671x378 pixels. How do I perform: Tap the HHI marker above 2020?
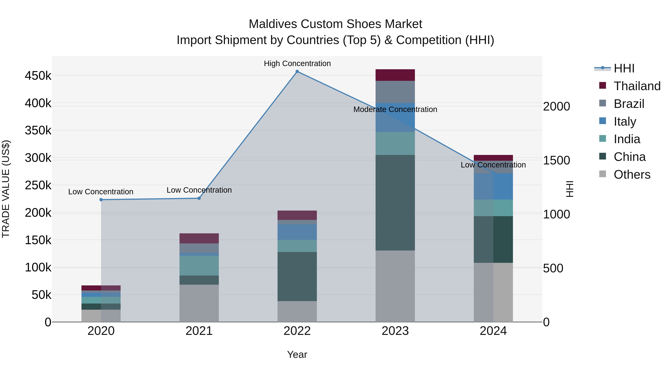point(101,200)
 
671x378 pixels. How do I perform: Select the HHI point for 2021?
point(199,198)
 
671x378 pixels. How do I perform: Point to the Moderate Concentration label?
point(395,109)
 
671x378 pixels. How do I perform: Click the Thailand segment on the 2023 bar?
point(395,75)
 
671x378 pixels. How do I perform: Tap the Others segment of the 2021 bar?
point(199,303)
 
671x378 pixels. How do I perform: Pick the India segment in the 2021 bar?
point(199,266)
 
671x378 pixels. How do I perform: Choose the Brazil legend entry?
point(629,104)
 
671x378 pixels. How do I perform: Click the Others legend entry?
point(632,175)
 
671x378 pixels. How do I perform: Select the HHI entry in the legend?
point(624,68)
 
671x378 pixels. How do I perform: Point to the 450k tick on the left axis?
point(38,76)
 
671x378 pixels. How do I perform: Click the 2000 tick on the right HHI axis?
point(557,106)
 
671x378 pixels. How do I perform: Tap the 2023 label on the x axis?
point(395,331)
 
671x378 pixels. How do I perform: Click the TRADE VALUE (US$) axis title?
point(6,189)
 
